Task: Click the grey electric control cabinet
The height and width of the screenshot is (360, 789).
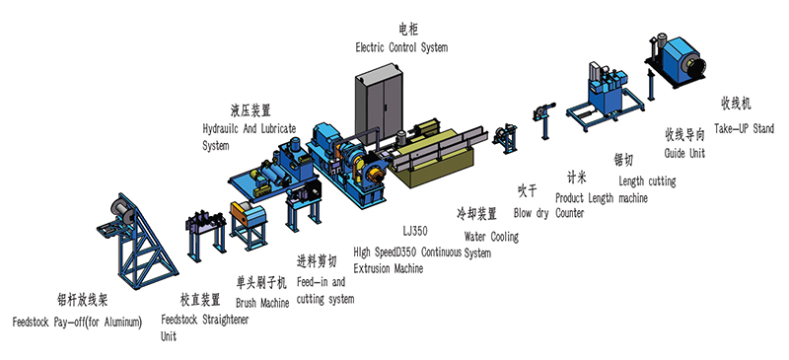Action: pyautogui.click(x=380, y=103)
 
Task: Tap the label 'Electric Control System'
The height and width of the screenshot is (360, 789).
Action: pyautogui.click(x=401, y=47)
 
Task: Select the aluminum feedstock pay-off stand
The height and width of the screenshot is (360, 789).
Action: pyautogui.click(x=137, y=241)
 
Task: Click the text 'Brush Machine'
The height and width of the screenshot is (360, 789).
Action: pyautogui.click(x=262, y=303)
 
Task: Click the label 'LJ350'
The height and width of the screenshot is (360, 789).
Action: pyautogui.click(x=415, y=231)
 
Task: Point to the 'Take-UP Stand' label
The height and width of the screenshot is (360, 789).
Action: pyautogui.click(x=744, y=128)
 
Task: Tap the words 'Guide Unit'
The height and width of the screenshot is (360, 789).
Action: pyautogui.click(x=684, y=153)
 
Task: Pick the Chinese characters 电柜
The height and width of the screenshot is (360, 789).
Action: pyautogui.click(x=407, y=31)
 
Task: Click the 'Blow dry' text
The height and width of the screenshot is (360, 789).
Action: pyautogui.click(x=531, y=213)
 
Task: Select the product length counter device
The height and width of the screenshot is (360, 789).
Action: pyautogui.click(x=544, y=119)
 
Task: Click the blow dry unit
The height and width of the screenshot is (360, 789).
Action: pyautogui.click(x=505, y=138)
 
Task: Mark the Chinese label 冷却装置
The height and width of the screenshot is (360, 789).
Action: pyautogui.click(x=476, y=213)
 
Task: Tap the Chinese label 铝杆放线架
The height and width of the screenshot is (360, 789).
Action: pyautogui.click(x=83, y=300)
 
